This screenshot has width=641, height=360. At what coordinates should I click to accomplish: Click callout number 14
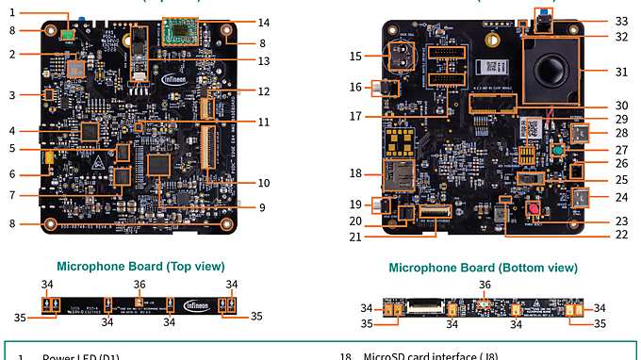(x=264, y=22)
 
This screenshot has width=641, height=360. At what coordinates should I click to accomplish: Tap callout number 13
(x=264, y=61)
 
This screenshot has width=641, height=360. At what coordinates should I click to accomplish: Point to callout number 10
(x=264, y=182)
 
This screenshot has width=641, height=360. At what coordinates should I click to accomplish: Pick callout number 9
(x=264, y=207)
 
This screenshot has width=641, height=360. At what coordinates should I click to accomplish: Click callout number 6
(x=11, y=174)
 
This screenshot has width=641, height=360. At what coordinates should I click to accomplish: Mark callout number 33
(x=620, y=21)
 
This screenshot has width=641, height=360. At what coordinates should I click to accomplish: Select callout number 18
(x=354, y=173)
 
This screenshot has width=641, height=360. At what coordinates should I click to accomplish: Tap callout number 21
(x=354, y=237)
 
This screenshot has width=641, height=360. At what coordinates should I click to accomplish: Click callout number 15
(x=354, y=56)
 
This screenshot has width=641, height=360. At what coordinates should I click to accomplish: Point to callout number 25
(x=620, y=179)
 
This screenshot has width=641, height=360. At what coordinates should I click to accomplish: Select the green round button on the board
(x=559, y=150)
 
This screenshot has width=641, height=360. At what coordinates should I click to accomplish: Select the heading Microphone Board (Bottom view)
(x=483, y=268)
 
